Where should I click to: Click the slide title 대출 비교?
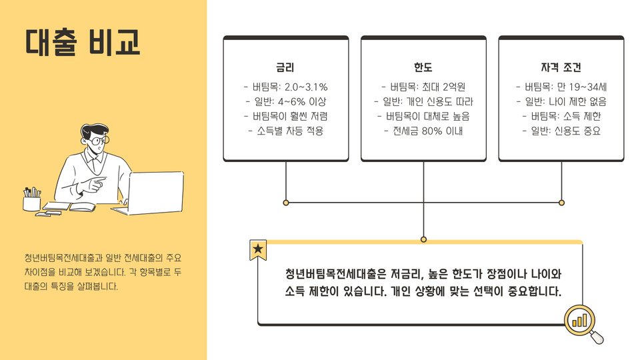83,41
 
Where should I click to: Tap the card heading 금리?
285,67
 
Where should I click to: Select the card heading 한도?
423,67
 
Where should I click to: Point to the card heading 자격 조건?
561,67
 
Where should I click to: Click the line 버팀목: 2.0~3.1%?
285,87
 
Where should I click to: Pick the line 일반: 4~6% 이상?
285,102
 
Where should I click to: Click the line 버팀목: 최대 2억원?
423,87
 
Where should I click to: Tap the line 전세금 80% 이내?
423,131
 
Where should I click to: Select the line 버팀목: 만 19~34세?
561,87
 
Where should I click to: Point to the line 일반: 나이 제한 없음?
561,102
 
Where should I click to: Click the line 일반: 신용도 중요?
561,131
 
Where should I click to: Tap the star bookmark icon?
258,250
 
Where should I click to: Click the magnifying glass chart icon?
581,322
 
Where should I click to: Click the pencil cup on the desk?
31,201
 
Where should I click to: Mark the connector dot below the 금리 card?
286,202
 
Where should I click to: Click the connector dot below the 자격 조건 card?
561,202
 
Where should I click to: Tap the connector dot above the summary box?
423,239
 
